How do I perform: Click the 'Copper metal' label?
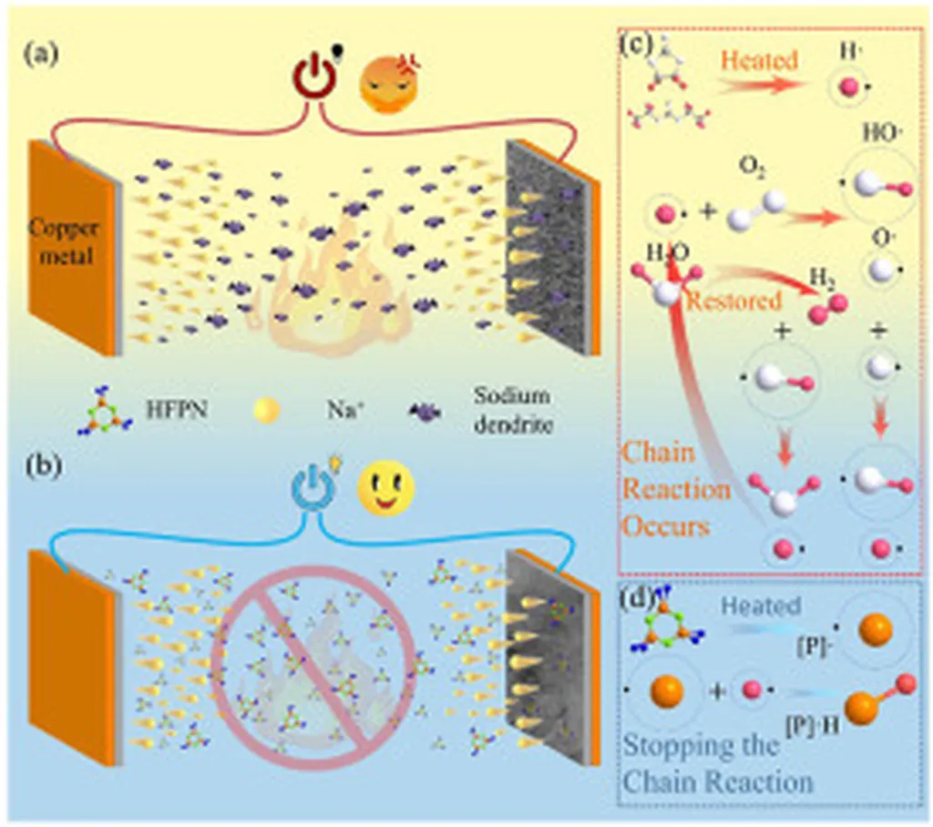tap(65, 242)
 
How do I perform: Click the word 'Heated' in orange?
tap(760, 61)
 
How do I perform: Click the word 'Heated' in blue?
tap(761, 606)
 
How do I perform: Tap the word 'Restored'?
tap(733, 301)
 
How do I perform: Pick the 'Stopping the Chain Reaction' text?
tap(716, 763)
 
